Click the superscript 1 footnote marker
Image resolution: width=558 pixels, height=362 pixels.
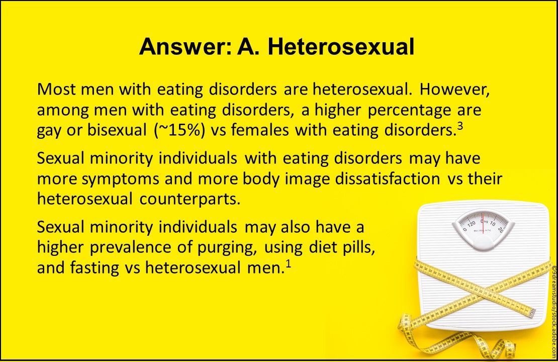point(288,263)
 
